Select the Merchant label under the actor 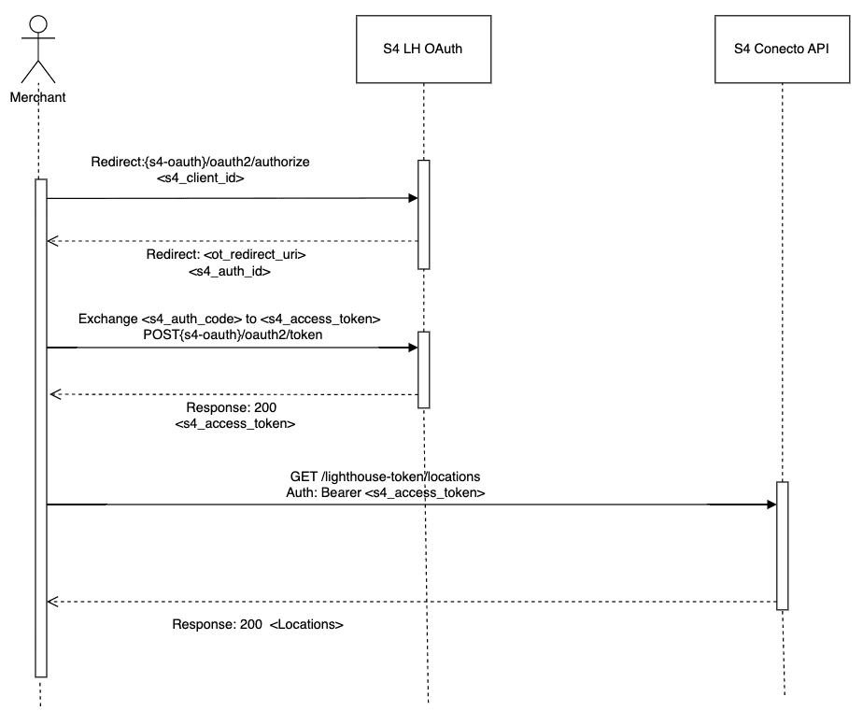[x=37, y=96]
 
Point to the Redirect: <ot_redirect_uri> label [x=226, y=254]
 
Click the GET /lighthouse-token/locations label [x=385, y=476]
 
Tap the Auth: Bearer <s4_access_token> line [x=385, y=491]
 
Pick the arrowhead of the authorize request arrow [x=411, y=198]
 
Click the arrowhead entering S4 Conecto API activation [x=771, y=505]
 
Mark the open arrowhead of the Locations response [x=53, y=602]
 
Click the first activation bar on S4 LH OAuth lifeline [x=423, y=215]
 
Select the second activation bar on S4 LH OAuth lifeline [x=423, y=369]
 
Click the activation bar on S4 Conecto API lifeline [x=783, y=546]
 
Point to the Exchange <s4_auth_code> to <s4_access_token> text [x=229, y=319]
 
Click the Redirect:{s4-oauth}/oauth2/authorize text [x=200, y=162]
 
